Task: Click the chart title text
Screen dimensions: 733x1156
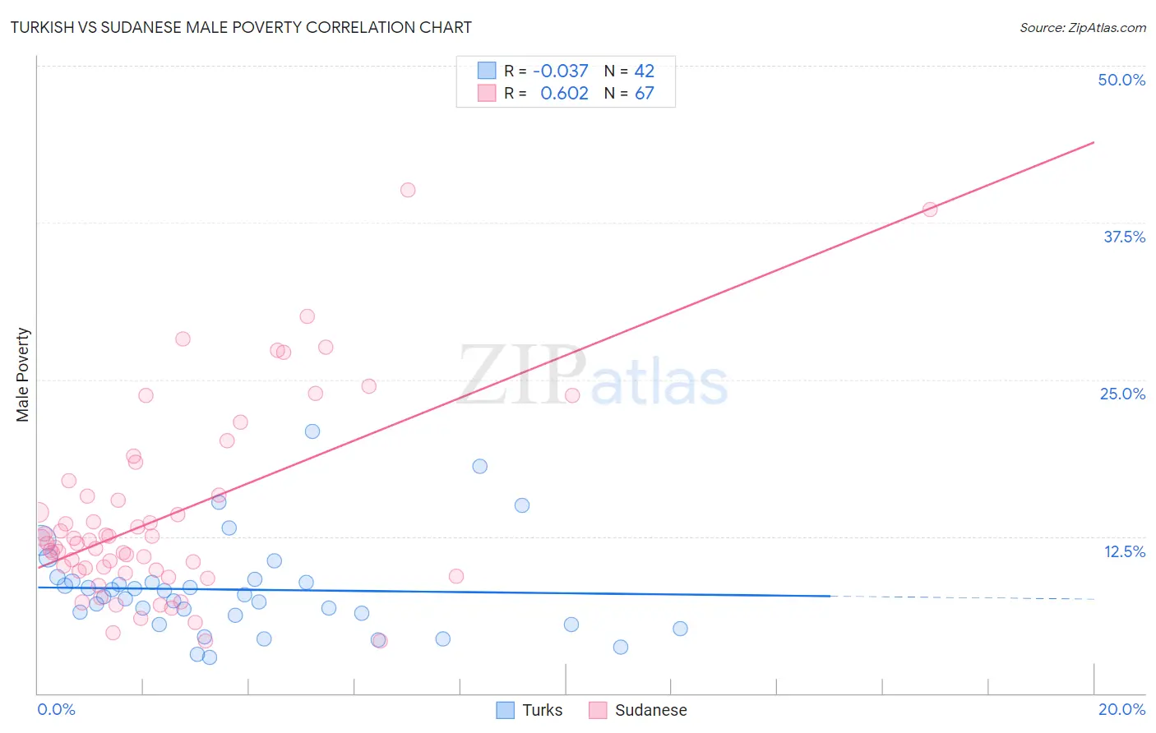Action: click(241, 27)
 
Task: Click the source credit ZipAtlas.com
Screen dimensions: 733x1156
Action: click(1082, 27)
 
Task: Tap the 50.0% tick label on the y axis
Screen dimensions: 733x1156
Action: click(1121, 80)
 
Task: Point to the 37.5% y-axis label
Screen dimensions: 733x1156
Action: click(1124, 237)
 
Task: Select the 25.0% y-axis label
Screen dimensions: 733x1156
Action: click(1122, 394)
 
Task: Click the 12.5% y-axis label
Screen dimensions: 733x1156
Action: click(1124, 551)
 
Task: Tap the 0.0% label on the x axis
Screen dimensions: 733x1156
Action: click(56, 709)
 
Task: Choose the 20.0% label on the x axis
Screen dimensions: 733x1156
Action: click(1121, 709)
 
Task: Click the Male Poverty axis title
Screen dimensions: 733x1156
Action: click(22, 375)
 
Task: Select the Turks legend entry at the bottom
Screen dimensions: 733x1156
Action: click(530, 710)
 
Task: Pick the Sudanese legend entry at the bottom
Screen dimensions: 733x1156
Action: click(639, 710)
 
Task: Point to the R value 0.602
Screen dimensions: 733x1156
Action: click(564, 93)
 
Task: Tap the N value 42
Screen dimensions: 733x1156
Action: click(644, 71)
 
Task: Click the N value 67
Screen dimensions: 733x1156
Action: click(644, 93)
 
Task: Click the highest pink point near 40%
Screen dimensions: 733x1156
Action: click(408, 190)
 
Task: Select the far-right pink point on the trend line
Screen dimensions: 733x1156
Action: click(930, 210)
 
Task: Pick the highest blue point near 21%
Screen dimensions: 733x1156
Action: click(312, 431)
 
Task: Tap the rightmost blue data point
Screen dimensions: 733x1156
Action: click(680, 629)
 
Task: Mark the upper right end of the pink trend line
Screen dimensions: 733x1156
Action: click(1094, 142)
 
